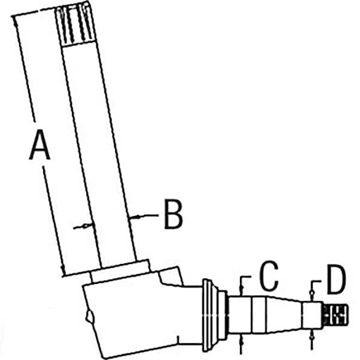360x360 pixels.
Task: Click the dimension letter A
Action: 40,145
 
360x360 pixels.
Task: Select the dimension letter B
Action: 173,214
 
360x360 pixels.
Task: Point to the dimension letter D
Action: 337,280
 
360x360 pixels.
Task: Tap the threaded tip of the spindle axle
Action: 335,314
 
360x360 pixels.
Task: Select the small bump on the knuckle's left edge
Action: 89,316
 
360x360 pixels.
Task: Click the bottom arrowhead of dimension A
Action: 62,269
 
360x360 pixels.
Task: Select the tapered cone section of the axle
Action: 284,314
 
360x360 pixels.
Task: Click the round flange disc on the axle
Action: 208,315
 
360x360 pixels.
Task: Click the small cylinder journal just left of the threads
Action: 312,314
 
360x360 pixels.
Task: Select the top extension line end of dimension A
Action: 12,16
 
